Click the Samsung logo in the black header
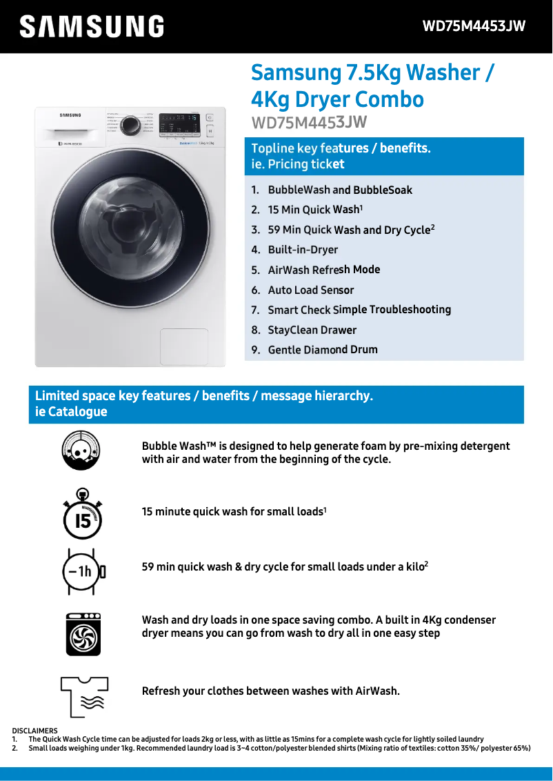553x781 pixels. click(92, 27)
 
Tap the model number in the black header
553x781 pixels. click(474, 27)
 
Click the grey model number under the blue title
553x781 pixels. click(308, 123)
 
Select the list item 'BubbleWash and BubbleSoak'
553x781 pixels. click(340, 190)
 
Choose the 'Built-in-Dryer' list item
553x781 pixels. click(303, 250)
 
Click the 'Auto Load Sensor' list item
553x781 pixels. click(310, 290)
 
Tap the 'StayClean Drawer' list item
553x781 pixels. click(312, 330)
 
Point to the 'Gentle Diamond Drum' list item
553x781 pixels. click(323, 350)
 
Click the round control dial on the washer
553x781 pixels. click(130, 125)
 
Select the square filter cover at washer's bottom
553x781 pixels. click(184, 346)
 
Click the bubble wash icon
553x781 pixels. click(81, 451)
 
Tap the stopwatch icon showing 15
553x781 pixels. click(82, 514)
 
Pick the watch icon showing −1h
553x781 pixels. click(82, 571)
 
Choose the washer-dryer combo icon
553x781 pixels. click(83, 633)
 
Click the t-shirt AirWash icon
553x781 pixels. click(82, 695)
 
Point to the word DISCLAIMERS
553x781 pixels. click(34, 731)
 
